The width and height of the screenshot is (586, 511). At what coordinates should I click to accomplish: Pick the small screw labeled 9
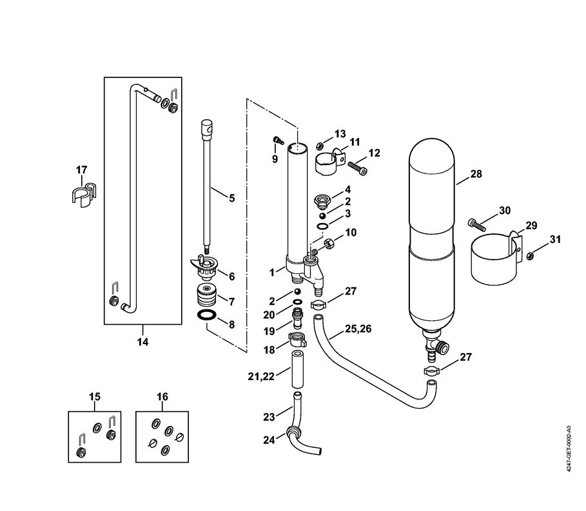pyautogui.click(x=278, y=139)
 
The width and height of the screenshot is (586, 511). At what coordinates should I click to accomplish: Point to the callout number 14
pyautogui.click(x=142, y=342)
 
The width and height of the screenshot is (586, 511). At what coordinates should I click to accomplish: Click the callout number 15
pyautogui.click(x=95, y=396)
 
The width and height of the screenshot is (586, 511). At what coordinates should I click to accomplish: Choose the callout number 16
pyautogui.click(x=162, y=396)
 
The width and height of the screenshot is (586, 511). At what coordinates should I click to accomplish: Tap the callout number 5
pyautogui.click(x=231, y=198)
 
